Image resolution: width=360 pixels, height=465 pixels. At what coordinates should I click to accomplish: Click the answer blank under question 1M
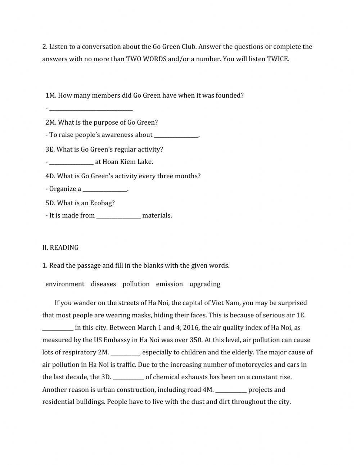click(x=91, y=108)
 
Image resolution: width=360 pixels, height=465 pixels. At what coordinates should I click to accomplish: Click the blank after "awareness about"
click(x=176, y=135)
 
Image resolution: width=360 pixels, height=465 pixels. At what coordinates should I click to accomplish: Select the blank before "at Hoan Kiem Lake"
click(x=71, y=162)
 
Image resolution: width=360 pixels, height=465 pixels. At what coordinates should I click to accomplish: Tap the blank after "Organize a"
click(x=105, y=189)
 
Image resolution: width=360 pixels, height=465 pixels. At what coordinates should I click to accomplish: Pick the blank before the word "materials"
click(x=118, y=216)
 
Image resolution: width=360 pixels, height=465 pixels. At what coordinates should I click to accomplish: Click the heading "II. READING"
click(x=60, y=247)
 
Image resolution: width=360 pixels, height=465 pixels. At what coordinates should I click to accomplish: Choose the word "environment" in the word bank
click(x=65, y=284)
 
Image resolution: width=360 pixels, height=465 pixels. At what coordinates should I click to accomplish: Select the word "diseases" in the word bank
click(x=103, y=284)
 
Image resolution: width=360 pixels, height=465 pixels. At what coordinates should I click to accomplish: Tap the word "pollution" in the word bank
click(x=136, y=284)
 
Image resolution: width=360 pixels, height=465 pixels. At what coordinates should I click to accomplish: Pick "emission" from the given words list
click(x=169, y=284)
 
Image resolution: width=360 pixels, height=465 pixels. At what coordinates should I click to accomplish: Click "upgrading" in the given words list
click(x=204, y=284)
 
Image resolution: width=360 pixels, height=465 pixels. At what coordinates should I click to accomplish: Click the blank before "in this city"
click(x=58, y=328)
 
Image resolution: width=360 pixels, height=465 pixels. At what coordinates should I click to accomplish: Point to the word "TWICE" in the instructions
click(x=278, y=59)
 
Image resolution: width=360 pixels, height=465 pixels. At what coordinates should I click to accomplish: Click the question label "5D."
click(x=50, y=203)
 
